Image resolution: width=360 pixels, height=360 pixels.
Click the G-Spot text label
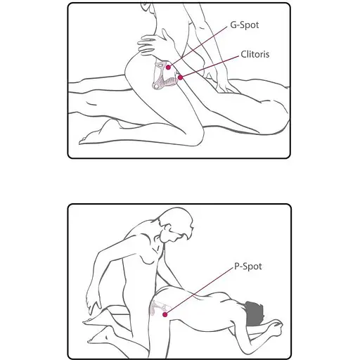245,25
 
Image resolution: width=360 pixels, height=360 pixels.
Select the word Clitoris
255,54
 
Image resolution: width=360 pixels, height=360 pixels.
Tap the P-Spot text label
248,266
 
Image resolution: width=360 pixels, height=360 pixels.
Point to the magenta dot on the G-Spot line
168,67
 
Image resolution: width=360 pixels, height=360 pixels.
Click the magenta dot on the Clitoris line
180,77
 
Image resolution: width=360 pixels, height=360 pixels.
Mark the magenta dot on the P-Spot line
165,314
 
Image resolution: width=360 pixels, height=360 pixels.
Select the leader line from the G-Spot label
198,47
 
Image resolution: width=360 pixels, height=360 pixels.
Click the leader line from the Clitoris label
210,67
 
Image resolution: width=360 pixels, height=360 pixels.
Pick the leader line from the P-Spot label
198,291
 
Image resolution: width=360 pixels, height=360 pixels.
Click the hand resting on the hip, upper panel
155,44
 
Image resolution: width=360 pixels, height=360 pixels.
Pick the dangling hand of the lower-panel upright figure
94,301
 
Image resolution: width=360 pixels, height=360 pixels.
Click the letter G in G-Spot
233,25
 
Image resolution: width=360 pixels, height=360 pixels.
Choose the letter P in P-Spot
237,266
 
